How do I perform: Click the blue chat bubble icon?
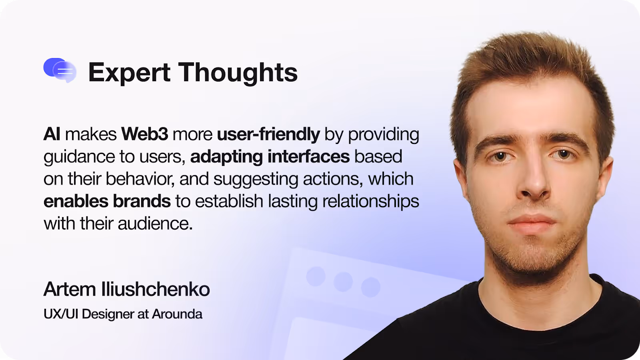60,70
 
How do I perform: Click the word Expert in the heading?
129,72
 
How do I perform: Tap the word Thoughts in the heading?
238,72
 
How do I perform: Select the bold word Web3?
145,134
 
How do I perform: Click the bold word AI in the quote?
52,134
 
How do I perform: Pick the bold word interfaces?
309,156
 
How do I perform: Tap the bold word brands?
142,201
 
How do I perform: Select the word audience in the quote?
155,224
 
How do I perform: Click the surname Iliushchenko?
156,289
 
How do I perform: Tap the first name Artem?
70,289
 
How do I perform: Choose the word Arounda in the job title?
177,314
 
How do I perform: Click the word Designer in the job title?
107,314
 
